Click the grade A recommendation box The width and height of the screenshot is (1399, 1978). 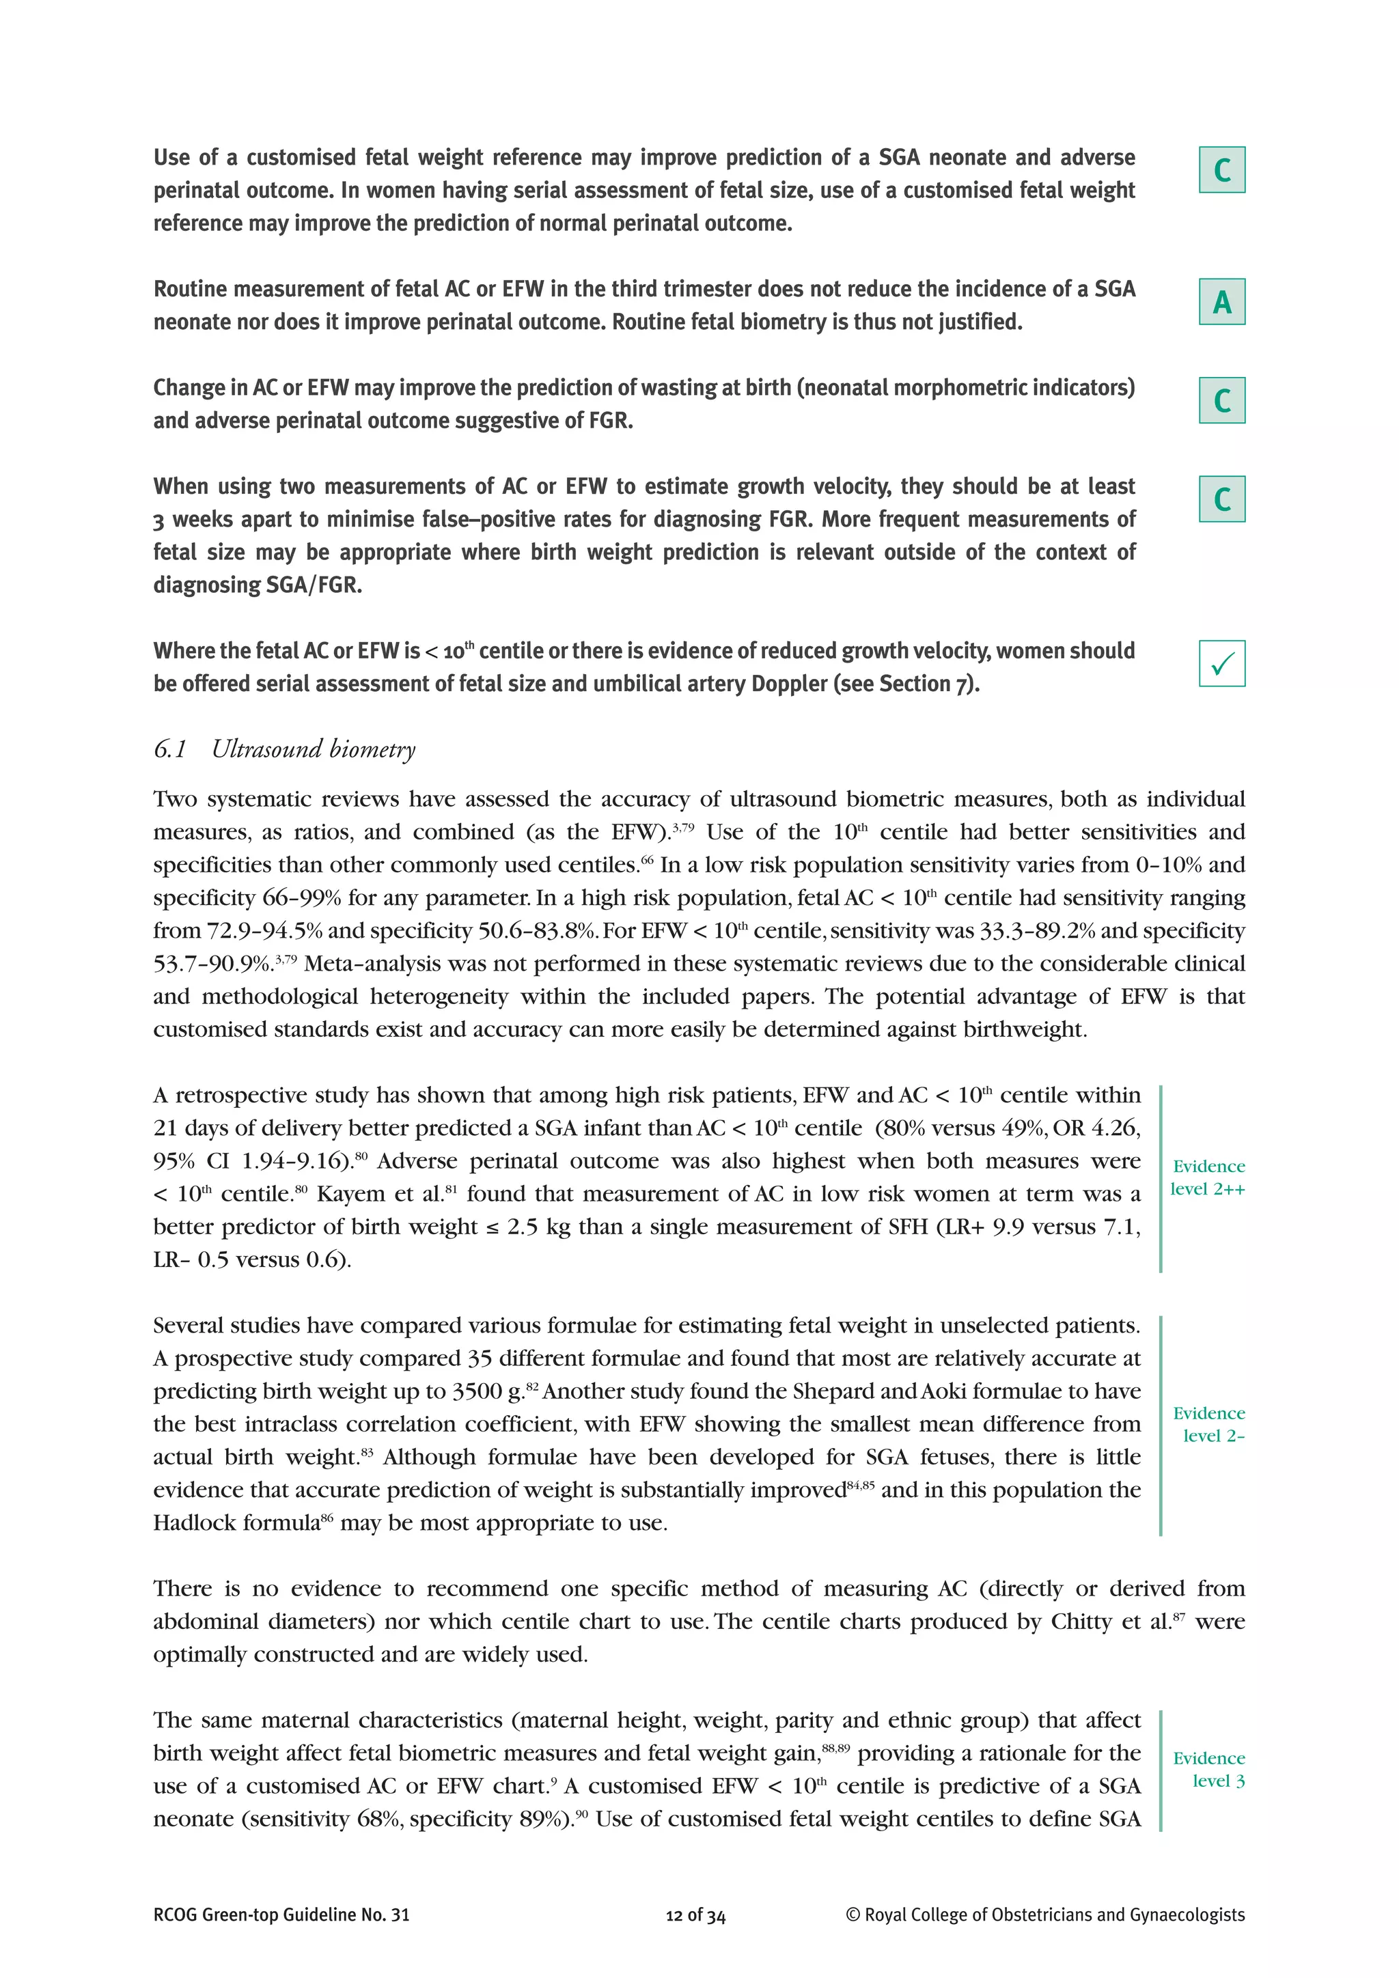tap(1221, 301)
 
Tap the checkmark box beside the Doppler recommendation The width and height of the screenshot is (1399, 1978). tap(1221, 663)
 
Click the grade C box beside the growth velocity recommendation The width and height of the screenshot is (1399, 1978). tap(1221, 499)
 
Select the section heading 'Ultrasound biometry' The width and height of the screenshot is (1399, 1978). tap(314, 749)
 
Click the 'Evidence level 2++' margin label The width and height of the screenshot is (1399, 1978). tap(1208, 1177)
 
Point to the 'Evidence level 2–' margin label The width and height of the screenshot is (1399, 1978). tap(1208, 1424)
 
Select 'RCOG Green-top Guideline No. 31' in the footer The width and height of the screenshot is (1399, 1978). tap(281, 1939)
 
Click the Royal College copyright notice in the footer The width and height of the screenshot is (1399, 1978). tap(1045, 1939)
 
